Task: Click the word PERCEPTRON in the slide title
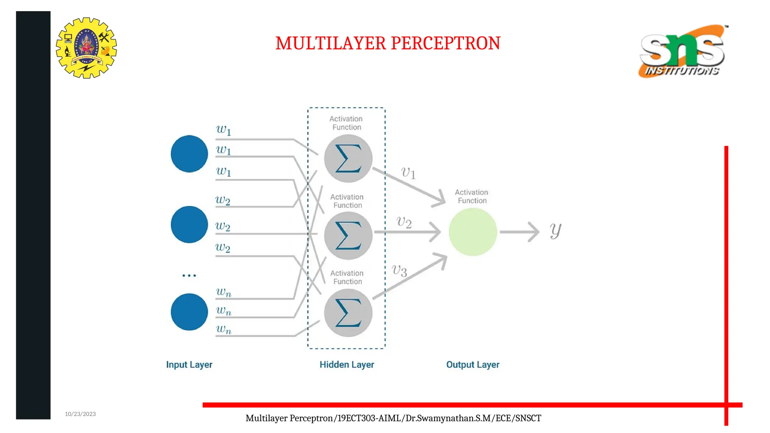click(x=446, y=43)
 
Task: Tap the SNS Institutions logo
click(x=682, y=51)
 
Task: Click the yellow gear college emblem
click(x=86, y=48)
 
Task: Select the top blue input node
click(x=189, y=154)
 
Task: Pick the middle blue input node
click(x=189, y=224)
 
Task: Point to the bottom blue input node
click(x=189, y=312)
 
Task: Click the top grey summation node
click(x=348, y=158)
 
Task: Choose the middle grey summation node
click(x=348, y=236)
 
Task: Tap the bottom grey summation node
click(x=348, y=313)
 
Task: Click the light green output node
click(x=473, y=232)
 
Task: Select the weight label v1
click(x=408, y=173)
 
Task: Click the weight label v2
click(x=404, y=222)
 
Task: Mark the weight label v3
click(x=399, y=270)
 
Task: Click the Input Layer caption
click(x=189, y=365)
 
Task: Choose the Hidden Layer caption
click(x=347, y=365)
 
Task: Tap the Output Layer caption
click(x=473, y=365)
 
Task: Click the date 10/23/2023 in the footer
click(x=80, y=414)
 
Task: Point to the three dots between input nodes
click(x=189, y=276)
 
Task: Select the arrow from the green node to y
click(x=519, y=232)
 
